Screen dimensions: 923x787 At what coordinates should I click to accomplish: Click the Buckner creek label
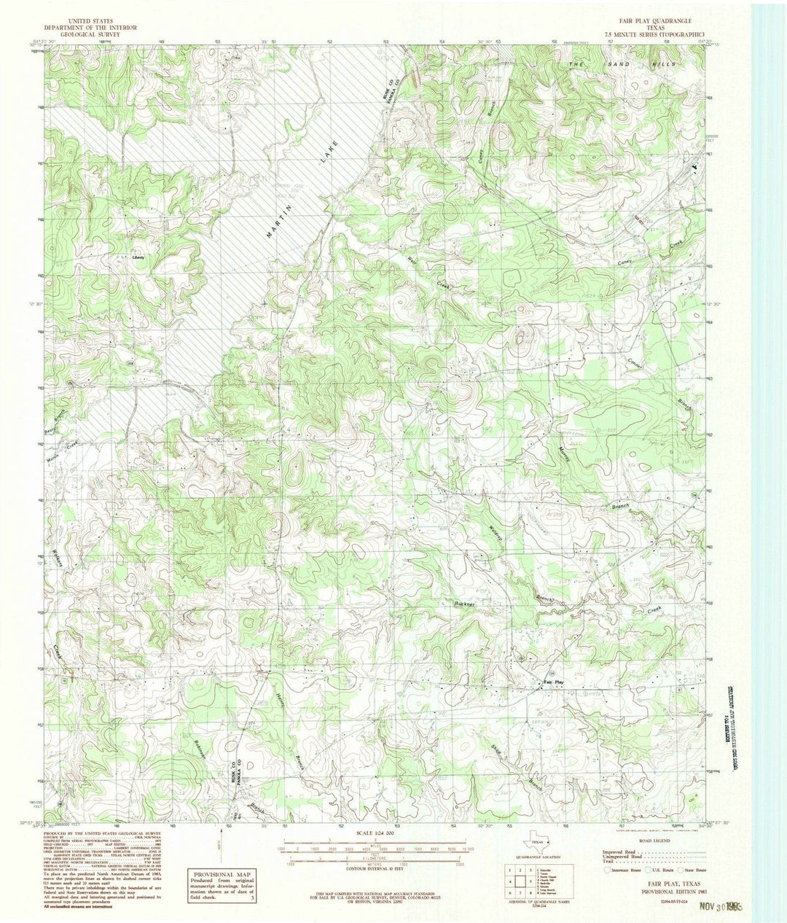coord(465,604)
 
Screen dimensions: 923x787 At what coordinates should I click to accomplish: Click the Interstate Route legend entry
coord(622,870)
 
